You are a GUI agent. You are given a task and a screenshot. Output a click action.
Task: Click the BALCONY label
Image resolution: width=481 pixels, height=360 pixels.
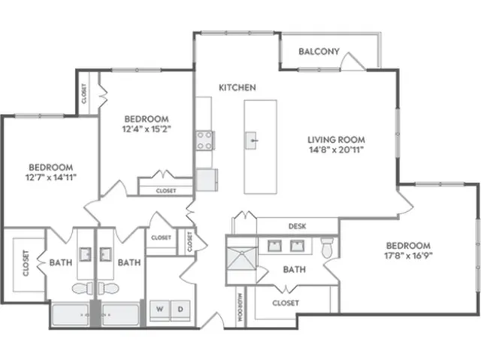[x=319, y=51]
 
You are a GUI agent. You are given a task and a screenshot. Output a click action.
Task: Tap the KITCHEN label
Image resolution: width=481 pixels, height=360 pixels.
[x=237, y=88]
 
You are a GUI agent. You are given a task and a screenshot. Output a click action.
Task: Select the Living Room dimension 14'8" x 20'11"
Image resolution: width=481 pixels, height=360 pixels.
[x=336, y=150]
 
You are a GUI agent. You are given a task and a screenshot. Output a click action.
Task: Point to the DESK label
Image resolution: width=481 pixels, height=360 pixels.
[x=298, y=226]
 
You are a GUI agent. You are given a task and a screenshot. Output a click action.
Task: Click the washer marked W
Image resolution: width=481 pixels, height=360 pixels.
[x=159, y=310]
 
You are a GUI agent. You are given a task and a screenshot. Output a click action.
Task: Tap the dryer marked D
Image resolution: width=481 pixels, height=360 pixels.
[x=180, y=310]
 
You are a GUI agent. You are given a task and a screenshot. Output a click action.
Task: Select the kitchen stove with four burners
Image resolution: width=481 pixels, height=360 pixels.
[x=205, y=141]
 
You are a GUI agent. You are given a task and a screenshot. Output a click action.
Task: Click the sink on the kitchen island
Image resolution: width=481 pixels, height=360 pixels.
[x=251, y=141]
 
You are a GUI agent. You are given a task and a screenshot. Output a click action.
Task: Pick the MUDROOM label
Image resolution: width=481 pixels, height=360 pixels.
[x=240, y=307]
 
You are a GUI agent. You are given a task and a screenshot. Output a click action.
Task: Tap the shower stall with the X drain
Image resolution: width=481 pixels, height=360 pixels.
[x=241, y=259]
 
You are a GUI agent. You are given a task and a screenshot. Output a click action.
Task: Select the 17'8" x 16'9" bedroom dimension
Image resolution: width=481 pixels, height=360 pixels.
[x=408, y=256]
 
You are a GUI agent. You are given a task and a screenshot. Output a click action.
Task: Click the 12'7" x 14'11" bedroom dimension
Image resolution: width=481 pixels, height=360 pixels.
[x=50, y=177]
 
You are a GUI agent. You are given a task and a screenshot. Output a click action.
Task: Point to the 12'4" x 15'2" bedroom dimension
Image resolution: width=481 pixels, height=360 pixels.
[x=147, y=129]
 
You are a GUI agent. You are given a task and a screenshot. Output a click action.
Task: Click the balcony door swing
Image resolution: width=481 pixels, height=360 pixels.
[x=352, y=62]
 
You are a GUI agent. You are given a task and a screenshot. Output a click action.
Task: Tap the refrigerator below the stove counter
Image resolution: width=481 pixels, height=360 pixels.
[x=207, y=180]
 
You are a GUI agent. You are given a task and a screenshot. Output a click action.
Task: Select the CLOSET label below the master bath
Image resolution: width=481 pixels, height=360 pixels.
[x=286, y=303]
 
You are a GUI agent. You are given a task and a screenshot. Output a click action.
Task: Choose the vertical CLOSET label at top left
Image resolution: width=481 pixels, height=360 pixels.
[x=84, y=93]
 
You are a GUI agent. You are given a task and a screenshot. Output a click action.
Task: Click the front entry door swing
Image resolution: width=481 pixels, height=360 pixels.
[x=213, y=320]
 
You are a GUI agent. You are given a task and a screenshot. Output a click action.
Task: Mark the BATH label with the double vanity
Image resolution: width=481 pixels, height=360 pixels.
[x=294, y=270]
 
